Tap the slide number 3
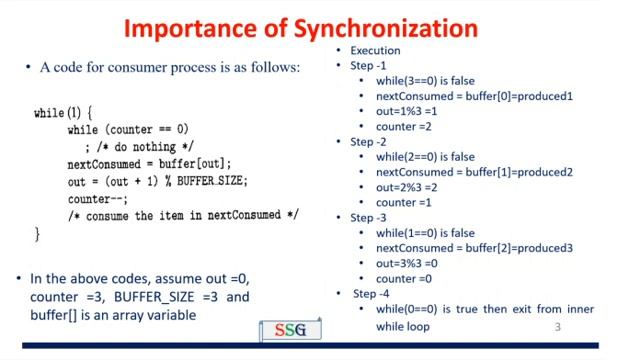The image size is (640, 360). pos(558,328)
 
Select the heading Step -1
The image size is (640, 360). pos(368,66)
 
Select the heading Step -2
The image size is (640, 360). pos(368,142)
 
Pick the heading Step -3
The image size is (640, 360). pos(368,217)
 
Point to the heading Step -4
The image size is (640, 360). pos(371,293)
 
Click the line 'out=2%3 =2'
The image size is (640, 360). pos(411,187)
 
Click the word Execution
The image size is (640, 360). pos(375,50)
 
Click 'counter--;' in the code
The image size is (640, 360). pos(95,198)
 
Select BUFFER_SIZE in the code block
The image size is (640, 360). pos(211,181)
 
